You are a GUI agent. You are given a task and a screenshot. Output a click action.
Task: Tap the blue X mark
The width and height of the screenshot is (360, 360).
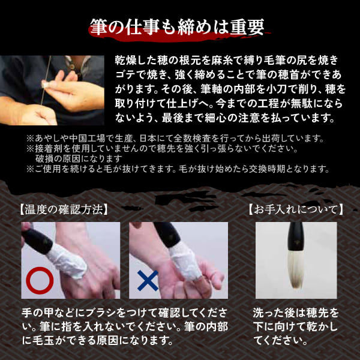click(x=148, y=281)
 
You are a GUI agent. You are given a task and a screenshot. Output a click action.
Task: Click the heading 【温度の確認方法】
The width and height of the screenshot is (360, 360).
click(x=64, y=209)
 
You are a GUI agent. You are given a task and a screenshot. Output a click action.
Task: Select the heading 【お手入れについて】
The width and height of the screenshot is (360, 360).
click(x=296, y=209)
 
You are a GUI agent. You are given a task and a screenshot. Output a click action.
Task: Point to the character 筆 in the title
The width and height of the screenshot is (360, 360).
click(x=98, y=27)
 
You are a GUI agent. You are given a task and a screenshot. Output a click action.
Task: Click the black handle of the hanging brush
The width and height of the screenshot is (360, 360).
click(x=296, y=236)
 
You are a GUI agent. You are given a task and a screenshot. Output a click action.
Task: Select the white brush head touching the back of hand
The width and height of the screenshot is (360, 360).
click(x=67, y=260)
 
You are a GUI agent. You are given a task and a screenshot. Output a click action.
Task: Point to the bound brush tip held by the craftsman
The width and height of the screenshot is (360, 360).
click(x=45, y=85)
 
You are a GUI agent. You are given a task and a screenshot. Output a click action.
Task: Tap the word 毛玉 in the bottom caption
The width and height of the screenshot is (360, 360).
click(x=43, y=340)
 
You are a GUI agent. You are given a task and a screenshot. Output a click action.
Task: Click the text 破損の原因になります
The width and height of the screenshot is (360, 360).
click(x=79, y=158)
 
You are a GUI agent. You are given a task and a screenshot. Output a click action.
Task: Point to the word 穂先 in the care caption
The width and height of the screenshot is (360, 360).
click(x=317, y=313)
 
